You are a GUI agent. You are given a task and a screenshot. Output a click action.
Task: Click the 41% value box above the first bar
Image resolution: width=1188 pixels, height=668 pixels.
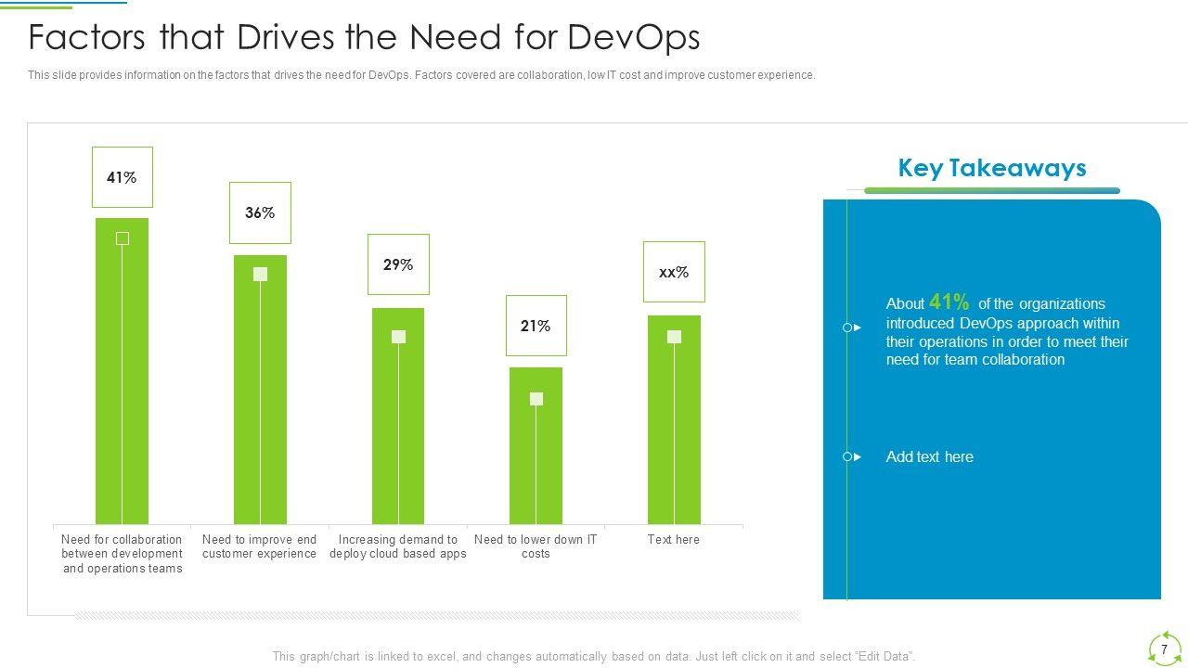(122, 177)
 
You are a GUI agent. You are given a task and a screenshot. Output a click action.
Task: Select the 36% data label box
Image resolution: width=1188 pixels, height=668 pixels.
(260, 212)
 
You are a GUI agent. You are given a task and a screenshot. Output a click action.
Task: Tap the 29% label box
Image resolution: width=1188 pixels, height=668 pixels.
(398, 264)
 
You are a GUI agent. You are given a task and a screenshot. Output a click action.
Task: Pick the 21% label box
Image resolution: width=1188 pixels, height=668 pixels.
(536, 326)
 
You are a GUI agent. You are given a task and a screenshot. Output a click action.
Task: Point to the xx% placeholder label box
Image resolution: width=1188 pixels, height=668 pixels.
(674, 272)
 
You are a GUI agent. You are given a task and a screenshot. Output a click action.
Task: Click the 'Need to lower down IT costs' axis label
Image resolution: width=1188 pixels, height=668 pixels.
(536, 546)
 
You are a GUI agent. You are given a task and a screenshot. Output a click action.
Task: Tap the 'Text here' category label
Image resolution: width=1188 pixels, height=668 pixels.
(674, 539)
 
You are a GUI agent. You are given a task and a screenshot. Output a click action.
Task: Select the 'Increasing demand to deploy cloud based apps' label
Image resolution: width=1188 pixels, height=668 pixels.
(398, 546)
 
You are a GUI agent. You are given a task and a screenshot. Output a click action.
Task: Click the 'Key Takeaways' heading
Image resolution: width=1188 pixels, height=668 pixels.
(992, 168)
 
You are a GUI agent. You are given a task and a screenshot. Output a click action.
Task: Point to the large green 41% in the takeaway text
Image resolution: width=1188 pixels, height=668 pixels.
(949, 302)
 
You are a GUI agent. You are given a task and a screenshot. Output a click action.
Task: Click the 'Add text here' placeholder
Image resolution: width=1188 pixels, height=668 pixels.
(929, 456)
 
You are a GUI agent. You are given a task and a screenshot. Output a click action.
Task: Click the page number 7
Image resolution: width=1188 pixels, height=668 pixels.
(1164, 649)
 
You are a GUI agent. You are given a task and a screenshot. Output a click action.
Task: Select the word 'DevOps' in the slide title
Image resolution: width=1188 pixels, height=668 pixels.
(632, 37)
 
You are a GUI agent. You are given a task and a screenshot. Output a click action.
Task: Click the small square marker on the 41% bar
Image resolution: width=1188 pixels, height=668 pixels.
(122, 238)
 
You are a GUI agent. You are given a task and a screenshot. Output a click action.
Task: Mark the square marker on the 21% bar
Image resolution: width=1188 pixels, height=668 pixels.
(536, 399)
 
